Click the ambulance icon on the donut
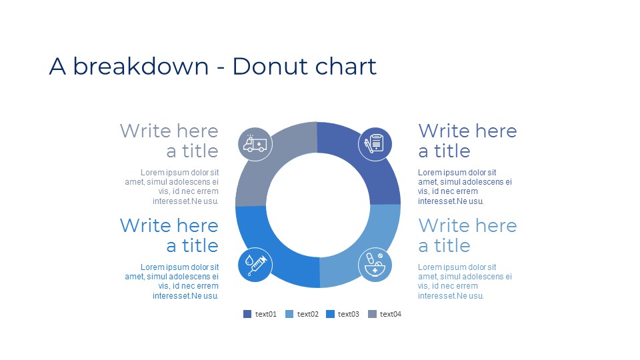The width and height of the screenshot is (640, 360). coord(255,144)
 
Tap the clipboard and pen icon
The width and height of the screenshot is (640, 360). coord(375,144)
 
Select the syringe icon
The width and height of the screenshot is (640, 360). coord(255,265)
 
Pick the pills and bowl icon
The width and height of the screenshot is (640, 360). coord(375,265)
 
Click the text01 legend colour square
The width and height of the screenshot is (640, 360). coord(247,314)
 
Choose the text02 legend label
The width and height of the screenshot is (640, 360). coord(308,314)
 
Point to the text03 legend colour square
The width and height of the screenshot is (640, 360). coord(330,314)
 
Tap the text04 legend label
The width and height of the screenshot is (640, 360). coord(391,314)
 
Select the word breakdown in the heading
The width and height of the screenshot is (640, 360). coord(141,66)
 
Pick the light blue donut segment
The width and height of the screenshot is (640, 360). coord(367,249)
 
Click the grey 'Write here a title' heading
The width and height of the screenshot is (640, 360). coord(169,141)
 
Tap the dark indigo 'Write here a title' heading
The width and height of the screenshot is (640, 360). coord(468,141)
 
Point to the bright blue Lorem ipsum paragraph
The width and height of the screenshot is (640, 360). coord(172,281)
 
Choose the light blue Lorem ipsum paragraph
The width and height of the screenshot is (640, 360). coord(465,281)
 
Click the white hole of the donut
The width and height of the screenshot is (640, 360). coord(318,205)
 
